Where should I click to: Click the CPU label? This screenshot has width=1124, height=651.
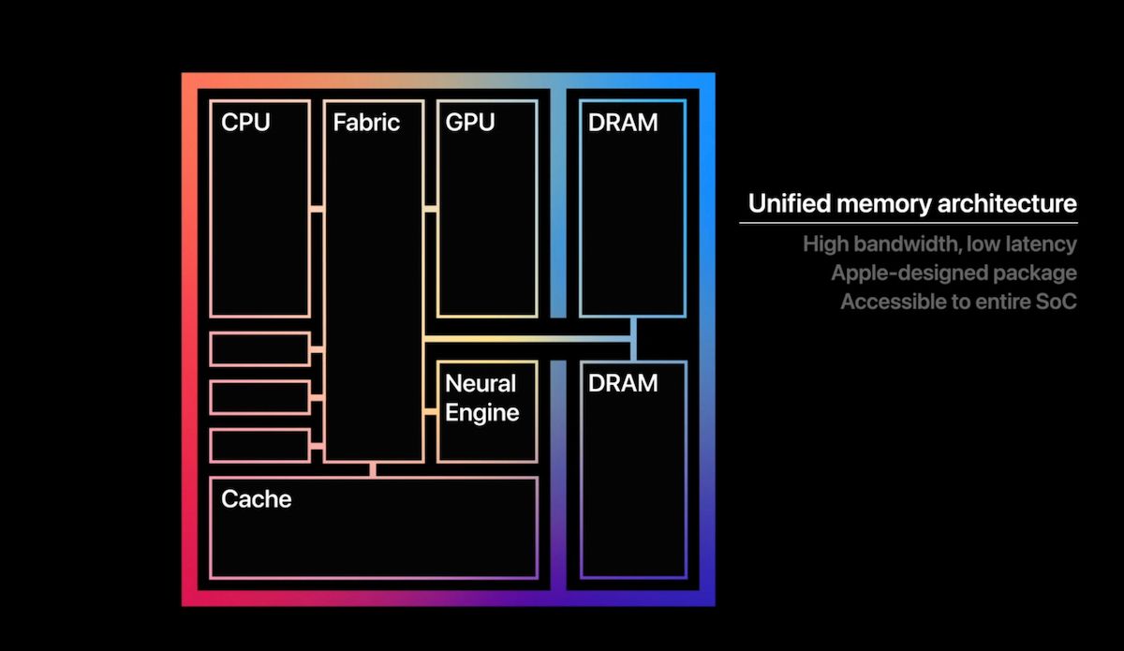coord(245,123)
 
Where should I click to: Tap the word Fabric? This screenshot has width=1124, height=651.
coord(366,123)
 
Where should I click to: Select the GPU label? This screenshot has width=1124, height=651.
coord(470,123)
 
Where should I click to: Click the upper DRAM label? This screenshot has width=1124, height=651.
coord(623,123)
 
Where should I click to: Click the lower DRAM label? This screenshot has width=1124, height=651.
coord(623,383)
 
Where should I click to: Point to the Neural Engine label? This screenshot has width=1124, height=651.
coord(481,398)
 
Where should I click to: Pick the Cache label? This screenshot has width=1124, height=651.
coord(256,499)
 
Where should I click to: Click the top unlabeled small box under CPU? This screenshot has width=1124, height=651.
coord(259,348)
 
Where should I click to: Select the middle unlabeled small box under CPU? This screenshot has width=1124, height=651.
coord(259,397)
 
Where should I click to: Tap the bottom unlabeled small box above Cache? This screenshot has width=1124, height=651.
coord(259,445)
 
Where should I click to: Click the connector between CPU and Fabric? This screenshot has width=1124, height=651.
coord(317,208)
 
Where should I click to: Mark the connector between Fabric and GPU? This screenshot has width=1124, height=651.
coord(430,208)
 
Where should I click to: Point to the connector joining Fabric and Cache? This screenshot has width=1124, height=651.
coord(373,469)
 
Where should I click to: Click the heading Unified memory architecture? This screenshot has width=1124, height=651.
coord(911,203)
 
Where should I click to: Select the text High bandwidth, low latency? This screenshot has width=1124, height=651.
coord(939,244)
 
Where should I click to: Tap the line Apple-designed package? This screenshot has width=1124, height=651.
coord(954,274)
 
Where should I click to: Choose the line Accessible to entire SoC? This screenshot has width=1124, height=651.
coord(958,303)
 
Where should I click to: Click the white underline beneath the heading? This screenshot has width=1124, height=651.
coord(908,223)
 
